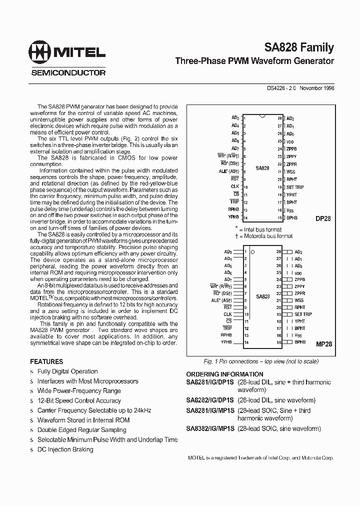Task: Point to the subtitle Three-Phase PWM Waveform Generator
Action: coord(254,61)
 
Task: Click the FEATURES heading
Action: coord(46,361)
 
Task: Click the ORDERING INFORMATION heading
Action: coord(224,374)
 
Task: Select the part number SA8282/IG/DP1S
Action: coord(210,400)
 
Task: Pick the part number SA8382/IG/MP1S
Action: coord(210,428)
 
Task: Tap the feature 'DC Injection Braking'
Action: coord(65,449)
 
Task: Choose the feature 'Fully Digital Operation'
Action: coord(67,371)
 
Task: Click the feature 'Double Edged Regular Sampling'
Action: coord(81,429)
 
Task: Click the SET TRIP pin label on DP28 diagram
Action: coord(295,187)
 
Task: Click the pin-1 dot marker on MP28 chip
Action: coord(253,252)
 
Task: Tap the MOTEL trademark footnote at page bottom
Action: coord(260,458)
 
